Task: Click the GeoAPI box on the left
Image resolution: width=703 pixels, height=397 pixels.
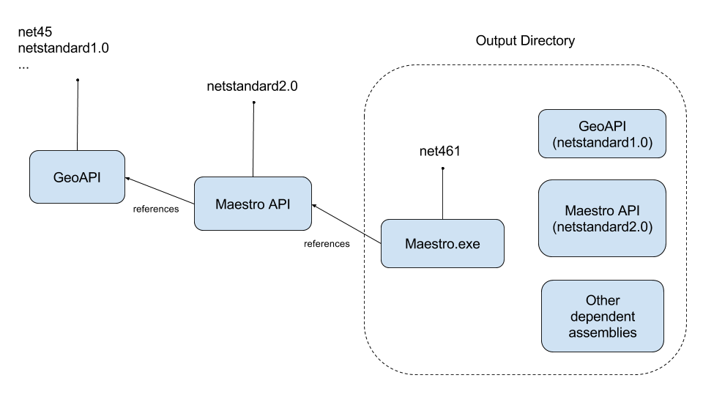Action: click(x=77, y=177)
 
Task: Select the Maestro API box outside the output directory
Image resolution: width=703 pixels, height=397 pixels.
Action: click(x=253, y=204)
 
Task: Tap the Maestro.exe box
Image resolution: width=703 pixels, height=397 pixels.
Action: click(x=442, y=243)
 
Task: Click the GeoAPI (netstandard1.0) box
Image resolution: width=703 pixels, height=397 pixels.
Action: click(x=602, y=134)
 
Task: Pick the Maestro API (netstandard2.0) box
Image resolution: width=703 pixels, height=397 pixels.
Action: click(x=602, y=218)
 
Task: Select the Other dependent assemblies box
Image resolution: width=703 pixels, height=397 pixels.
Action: click(x=602, y=316)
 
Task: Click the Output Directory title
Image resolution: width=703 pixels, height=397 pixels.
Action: click(x=525, y=41)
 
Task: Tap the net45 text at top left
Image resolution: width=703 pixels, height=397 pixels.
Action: click(x=34, y=32)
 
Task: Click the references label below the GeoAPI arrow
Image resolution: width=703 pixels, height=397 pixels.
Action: click(x=155, y=209)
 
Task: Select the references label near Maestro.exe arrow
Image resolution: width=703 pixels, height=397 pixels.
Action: click(x=327, y=243)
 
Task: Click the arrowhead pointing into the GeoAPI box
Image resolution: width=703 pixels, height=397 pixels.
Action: click(x=128, y=178)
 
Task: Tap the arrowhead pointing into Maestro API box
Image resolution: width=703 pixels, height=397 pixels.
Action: click(x=314, y=207)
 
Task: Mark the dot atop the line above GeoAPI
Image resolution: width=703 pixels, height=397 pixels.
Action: click(x=77, y=80)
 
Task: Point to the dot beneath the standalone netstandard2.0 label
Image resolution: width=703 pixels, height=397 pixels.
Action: click(x=253, y=103)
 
